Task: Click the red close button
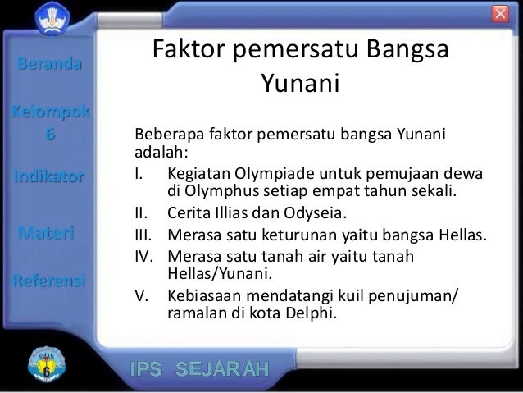[500, 14]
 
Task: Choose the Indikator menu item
[48, 176]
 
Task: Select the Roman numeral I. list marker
[139, 174]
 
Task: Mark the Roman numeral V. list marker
[140, 295]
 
